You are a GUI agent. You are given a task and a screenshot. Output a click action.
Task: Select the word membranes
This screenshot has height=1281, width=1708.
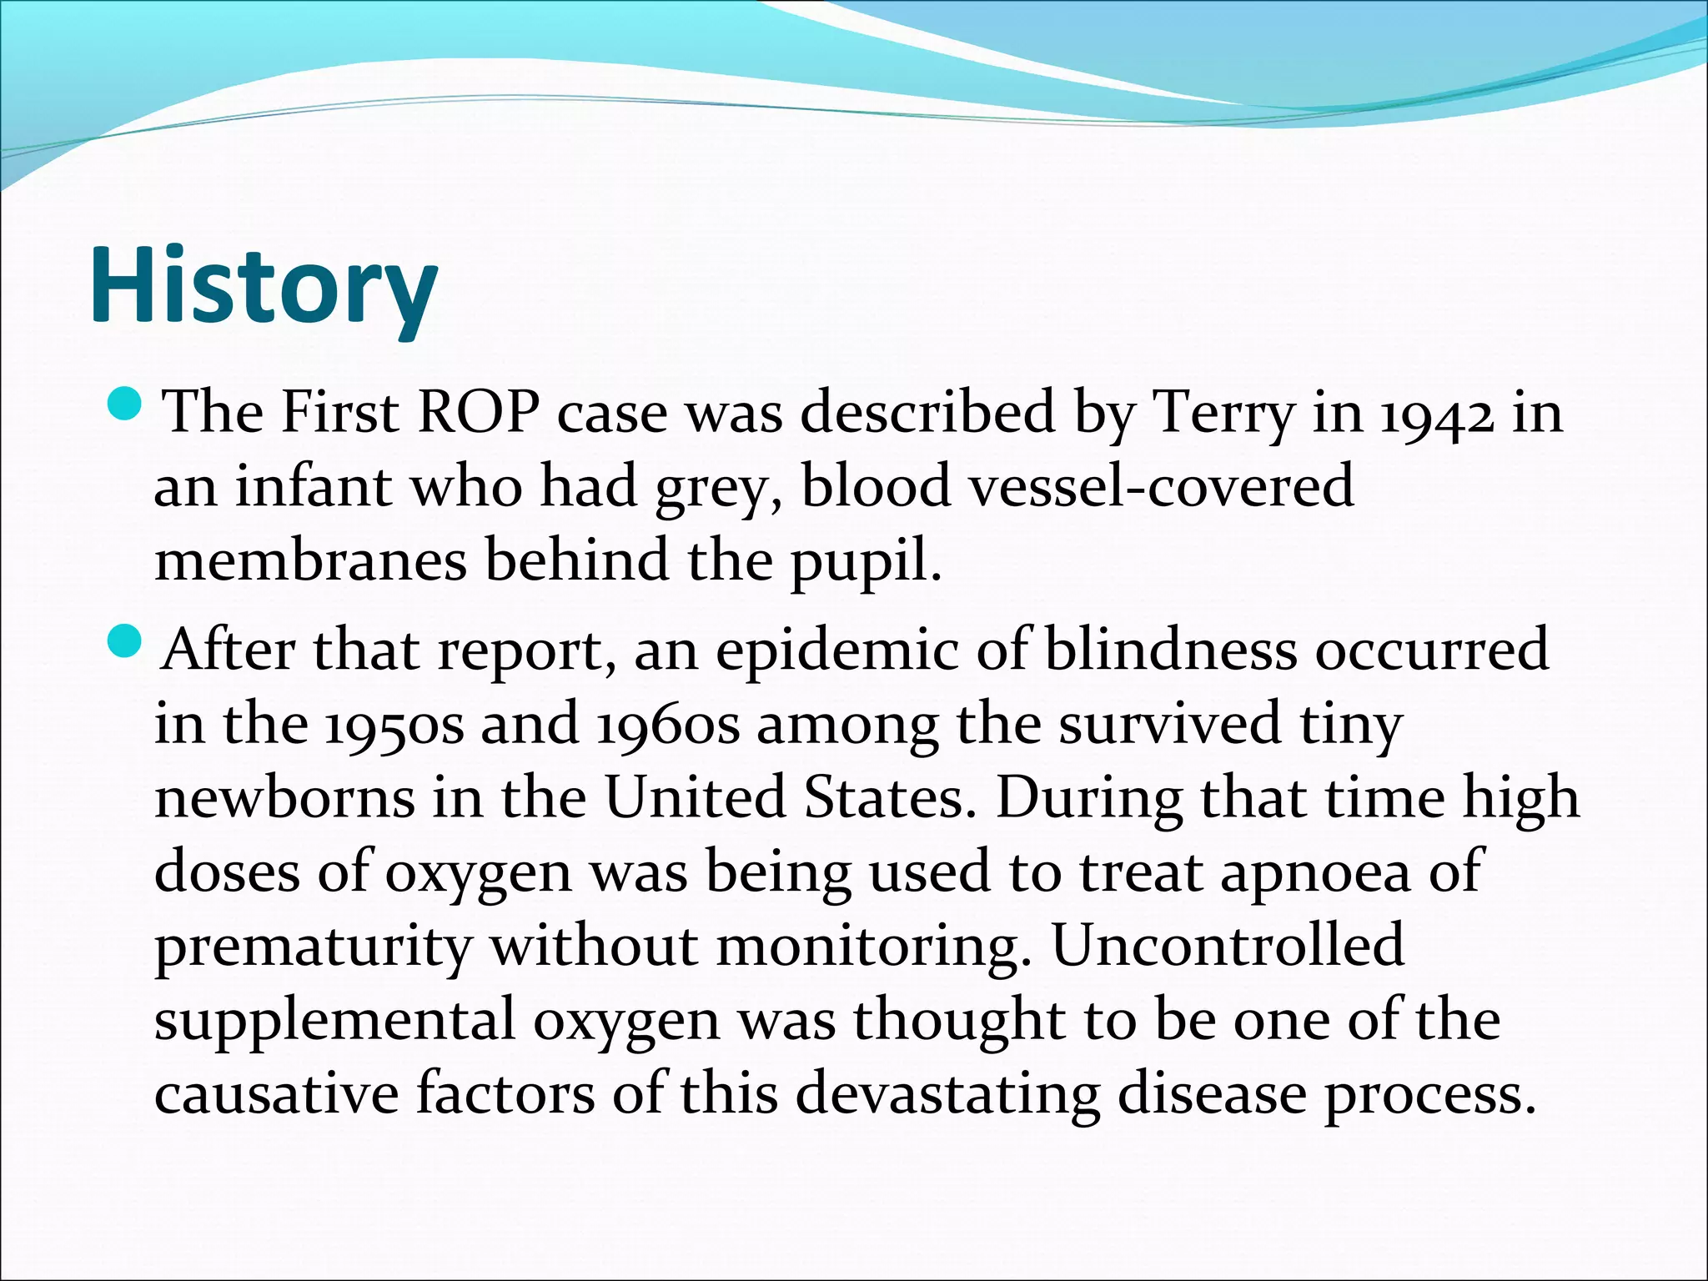pos(311,560)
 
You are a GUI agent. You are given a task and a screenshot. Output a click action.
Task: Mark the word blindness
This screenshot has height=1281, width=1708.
pos(1171,650)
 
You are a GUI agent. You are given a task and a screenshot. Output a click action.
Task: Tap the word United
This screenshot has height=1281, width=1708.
pos(695,797)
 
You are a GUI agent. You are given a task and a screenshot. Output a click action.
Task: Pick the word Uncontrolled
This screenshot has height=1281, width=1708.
pos(1228,945)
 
